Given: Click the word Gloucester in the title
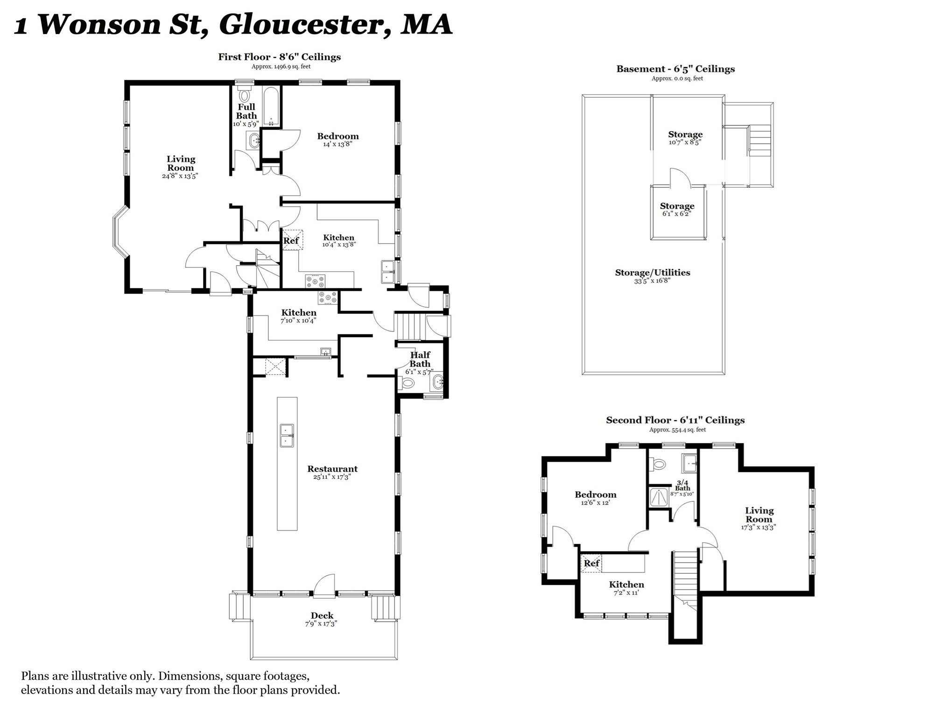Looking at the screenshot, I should pyautogui.click(x=299, y=24).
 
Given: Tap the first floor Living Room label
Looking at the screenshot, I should pyautogui.click(x=181, y=163).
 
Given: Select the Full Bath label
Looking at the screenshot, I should pyautogui.click(x=246, y=111).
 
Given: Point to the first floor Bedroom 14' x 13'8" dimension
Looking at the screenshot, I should pyautogui.click(x=337, y=144).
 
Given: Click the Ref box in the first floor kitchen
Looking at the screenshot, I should pyautogui.click(x=292, y=240).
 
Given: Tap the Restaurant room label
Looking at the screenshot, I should pyautogui.click(x=332, y=469).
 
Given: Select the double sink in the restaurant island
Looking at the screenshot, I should pyautogui.click(x=287, y=435).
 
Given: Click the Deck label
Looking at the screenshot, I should pyautogui.click(x=322, y=615).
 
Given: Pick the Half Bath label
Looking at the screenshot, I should pyautogui.click(x=420, y=359).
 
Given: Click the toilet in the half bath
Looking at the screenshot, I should pyautogui.click(x=407, y=383).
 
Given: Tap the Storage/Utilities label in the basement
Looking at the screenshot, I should pyautogui.click(x=652, y=272).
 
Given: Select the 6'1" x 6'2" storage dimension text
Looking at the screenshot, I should pyautogui.click(x=676, y=214).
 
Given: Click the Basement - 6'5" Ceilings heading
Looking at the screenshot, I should pyautogui.click(x=675, y=69).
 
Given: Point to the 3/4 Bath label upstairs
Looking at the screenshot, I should pyautogui.click(x=682, y=485).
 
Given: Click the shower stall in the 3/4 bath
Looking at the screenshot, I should pyautogui.click(x=660, y=497).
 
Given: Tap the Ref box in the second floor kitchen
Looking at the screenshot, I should pyautogui.click(x=591, y=563).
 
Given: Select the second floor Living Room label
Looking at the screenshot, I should pyautogui.click(x=759, y=514).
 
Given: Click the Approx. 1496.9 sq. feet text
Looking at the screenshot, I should pyautogui.click(x=281, y=66).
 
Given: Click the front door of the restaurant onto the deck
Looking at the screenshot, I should pyautogui.click(x=324, y=587).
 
